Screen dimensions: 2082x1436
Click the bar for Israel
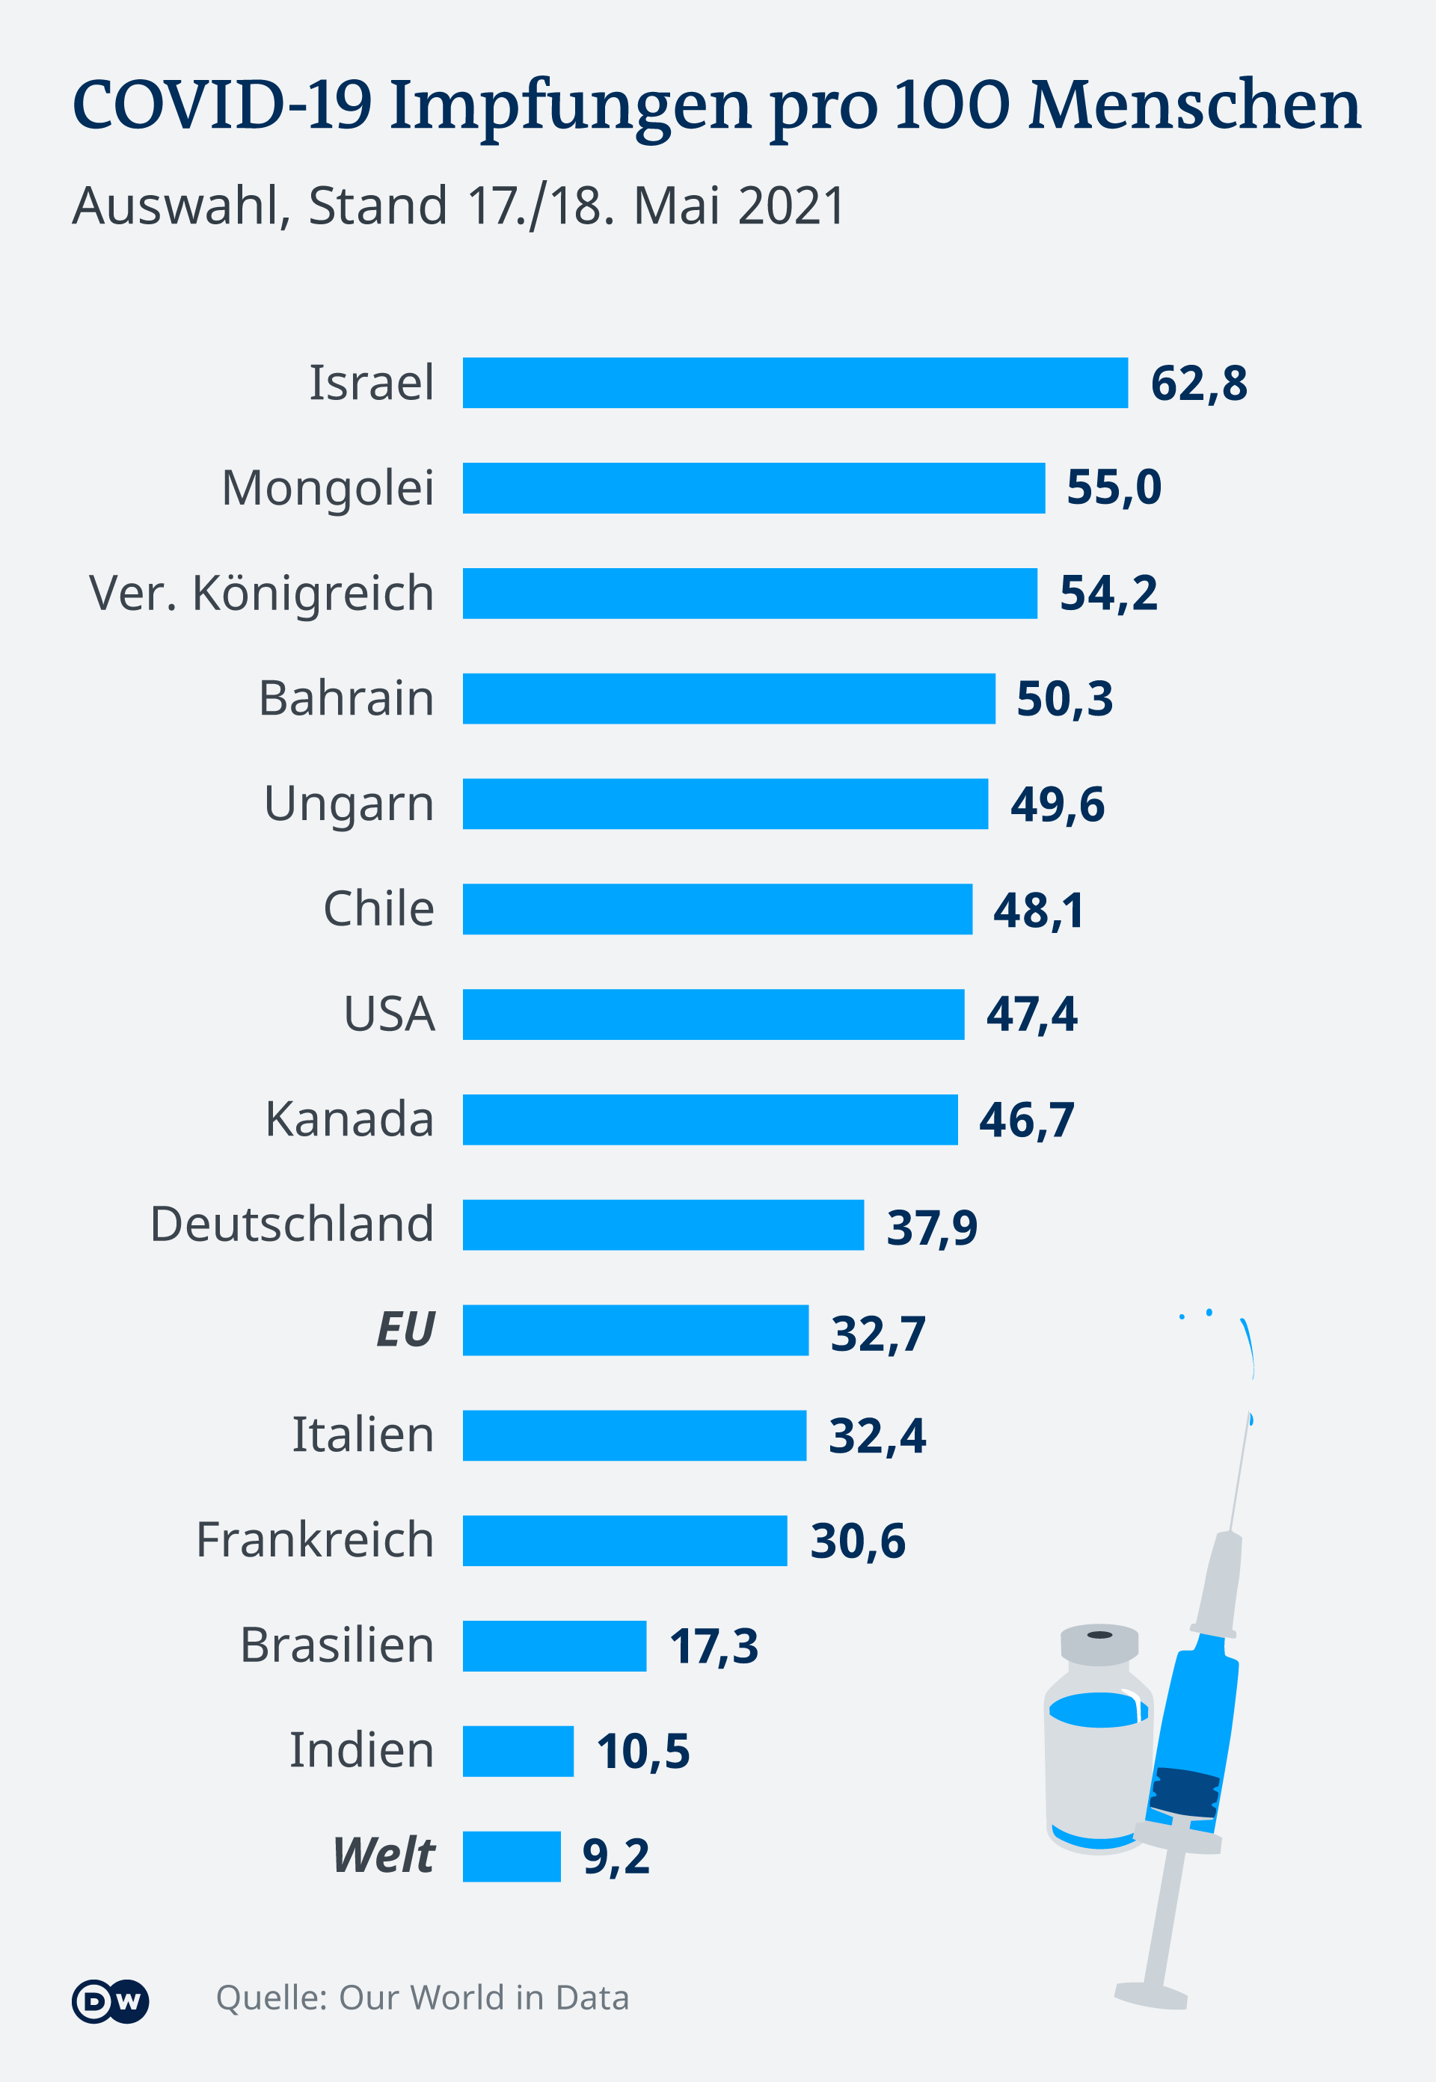pyautogui.click(x=794, y=382)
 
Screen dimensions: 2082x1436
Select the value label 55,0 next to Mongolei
pyautogui.click(x=1113, y=487)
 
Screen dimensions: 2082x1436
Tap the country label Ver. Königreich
pyautogui.click(x=261, y=594)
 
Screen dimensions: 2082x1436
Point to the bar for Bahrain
pyautogui.click(x=728, y=699)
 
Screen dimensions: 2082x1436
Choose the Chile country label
pyautogui.click(x=378, y=908)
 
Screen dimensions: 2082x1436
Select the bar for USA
pyautogui.click(x=714, y=1014)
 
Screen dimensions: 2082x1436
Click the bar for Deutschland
pyautogui.click(x=663, y=1225)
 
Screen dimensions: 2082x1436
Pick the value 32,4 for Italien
pyautogui.click(x=877, y=1435)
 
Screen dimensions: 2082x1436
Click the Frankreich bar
pyautogui.click(x=625, y=1541)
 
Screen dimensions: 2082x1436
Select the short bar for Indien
pyautogui.click(x=518, y=1751)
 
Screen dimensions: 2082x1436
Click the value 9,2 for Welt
pyautogui.click(x=616, y=1856)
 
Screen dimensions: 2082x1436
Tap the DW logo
pyautogui.click(x=110, y=2002)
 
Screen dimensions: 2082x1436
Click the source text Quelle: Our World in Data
pyautogui.click(x=422, y=1998)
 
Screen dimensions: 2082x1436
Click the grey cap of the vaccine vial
pyautogui.click(x=1099, y=1644)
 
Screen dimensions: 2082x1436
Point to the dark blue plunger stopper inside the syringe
pyautogui.click(x=1185, y=1793)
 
